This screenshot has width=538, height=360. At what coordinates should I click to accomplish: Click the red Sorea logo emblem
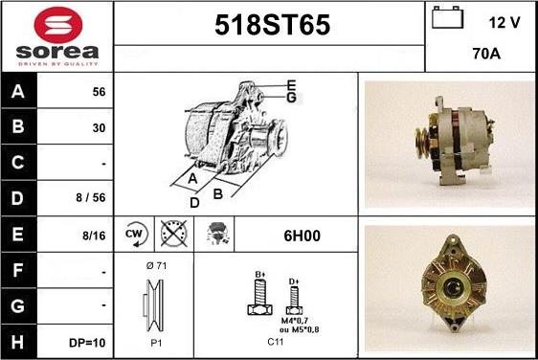pos(58,25)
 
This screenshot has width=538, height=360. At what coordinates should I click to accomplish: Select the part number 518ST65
pos(273,25)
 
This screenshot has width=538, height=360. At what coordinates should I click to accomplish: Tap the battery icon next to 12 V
pos(447,18)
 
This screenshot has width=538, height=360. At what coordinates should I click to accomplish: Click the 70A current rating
pos(486,54)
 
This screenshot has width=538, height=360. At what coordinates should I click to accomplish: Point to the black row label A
pos(18,91)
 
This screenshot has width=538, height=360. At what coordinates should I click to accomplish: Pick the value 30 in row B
pos(99,128)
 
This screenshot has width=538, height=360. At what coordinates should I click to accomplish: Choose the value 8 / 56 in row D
pos(91,197)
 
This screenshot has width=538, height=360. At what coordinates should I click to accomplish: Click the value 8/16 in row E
pos(94,236)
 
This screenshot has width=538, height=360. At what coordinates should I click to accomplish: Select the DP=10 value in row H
pos(87,343)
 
